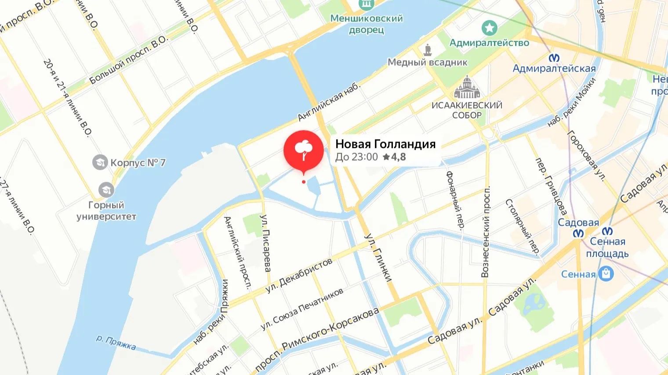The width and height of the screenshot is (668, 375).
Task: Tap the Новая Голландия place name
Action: pos(385,144)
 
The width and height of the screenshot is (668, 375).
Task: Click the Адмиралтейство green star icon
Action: pos(489,28)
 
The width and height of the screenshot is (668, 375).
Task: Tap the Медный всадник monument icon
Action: pos(427,50)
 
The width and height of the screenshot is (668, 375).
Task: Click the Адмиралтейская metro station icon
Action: pos(554,58)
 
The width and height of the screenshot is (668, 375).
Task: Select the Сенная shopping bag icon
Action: pos(606,274)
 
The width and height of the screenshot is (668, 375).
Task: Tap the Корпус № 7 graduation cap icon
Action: pos(100,162)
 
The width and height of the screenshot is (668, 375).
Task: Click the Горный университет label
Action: pos(106,211)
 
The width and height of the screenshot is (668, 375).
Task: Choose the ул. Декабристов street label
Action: pos(299,276)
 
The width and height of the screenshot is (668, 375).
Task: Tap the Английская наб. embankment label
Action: pos(329,102)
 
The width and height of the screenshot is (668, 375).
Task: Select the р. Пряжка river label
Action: pos(116,343)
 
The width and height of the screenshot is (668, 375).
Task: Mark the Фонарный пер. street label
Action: pos(455,200)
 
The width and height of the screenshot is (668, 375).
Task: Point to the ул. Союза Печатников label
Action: pos(302,309)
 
